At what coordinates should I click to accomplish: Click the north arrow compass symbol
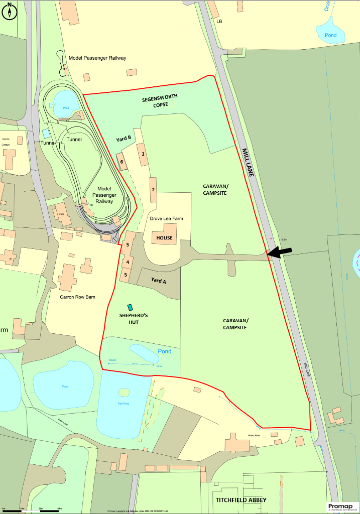click(x=9, y=12)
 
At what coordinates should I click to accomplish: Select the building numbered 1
click(x=144, y=155)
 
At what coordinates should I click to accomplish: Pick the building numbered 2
click(x=153, y=189)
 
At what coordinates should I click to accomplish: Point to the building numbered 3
click(x=128, y=244)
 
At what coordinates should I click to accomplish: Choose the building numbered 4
click(x=128, y=262)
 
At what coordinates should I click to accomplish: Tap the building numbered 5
click(x=126, y=275)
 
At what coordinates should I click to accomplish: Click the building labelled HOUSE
click(x=164, y=238)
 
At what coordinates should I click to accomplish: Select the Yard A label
click(x=158, y=281)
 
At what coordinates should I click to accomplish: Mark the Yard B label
click(x=124, y=138)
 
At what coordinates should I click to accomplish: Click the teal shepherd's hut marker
click(x=131, y=307)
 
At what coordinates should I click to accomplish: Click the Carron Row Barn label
click(x=77, y=297)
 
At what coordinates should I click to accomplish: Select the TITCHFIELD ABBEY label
click(x=241, y=500)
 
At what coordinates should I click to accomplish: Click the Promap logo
click(x=342, y=507)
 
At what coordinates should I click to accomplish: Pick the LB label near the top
click(x=219, y=22)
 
